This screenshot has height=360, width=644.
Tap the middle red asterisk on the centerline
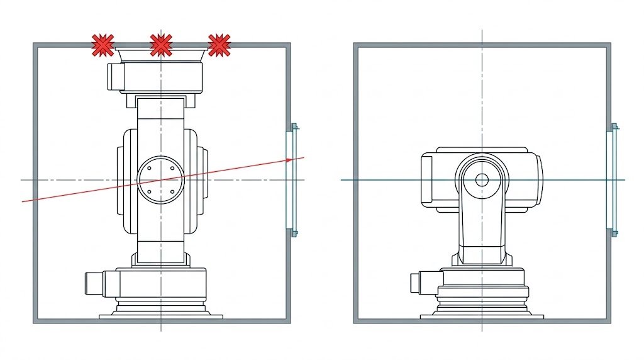[161, 45]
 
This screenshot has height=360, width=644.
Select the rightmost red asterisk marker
[219, 45]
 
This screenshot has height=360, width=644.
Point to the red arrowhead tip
[304, 157]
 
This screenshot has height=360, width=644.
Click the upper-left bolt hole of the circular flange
[149, 169]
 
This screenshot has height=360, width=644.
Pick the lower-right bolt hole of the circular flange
[173, 192]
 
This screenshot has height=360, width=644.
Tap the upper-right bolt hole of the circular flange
[173, 169]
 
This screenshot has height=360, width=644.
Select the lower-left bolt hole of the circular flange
[149, 192]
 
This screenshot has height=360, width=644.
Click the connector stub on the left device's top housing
[114, 76]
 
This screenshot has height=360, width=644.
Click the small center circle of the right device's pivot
[482, 180]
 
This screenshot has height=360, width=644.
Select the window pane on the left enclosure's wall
[290, 180]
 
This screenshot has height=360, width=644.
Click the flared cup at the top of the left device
[161, 56]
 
